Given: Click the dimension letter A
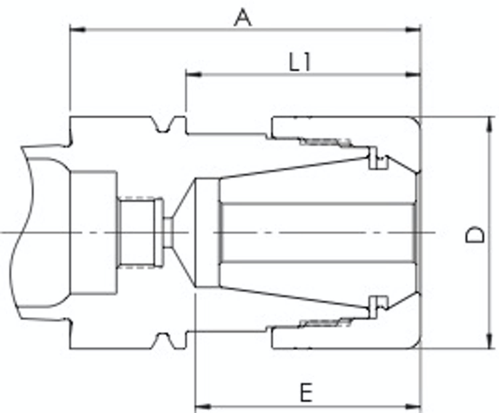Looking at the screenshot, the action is (x=243, y=18).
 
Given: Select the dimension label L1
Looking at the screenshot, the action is (x=300, y=62).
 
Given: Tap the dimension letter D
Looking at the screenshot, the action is (x=475, y=234).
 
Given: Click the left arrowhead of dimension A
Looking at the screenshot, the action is (x=78, y=30).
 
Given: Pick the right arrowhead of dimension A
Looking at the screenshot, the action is (x=413, y=30).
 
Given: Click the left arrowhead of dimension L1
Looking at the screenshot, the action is (x=194, y=74).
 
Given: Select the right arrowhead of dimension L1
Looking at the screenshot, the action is (x=413, y=74).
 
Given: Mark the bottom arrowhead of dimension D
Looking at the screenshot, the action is (x=489, y=341).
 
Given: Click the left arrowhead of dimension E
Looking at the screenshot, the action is (x=203, y=406).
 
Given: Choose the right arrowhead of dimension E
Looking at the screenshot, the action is (x=413, y=406).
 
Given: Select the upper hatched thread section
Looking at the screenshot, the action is (x=325, y=142).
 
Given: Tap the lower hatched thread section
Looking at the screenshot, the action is (x=325, y=323).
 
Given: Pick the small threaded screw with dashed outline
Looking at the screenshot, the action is (x=140, y=233).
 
